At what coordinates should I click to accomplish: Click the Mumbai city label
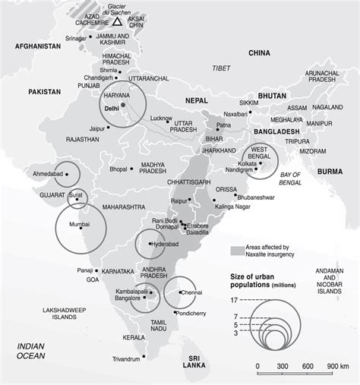coord(74,225)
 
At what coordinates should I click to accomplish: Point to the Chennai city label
coord(191,291)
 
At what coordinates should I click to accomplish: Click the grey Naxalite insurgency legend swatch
coord(237,250)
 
